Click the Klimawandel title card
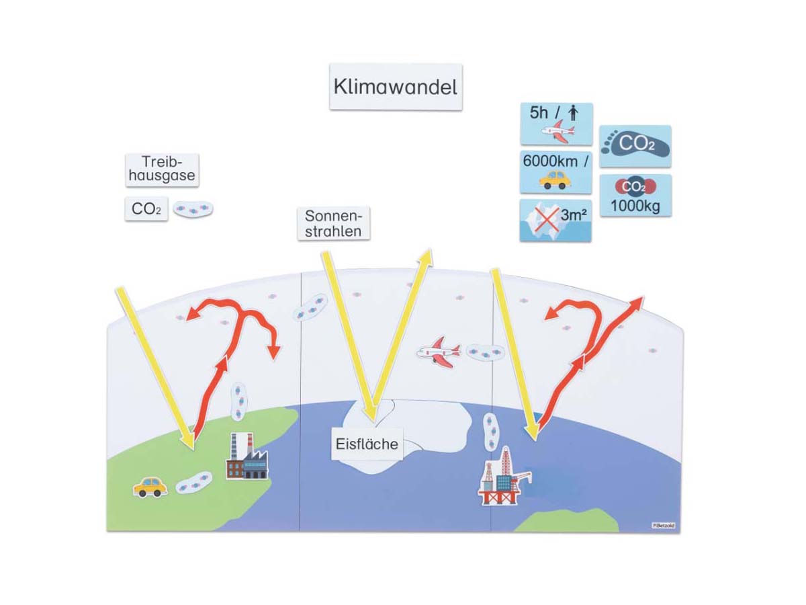[396, 87]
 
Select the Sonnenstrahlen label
[333, 223]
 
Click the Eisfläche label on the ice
[367, 444]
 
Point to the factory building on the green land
[246, 458]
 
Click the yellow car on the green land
[150, 486]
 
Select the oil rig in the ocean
[504, 477]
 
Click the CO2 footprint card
[635, 145]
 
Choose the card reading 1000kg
[635, 196]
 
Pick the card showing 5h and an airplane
[556, 124]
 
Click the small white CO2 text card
[146, 209]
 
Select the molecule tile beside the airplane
[485, 352]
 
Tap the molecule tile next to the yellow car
[193, 483]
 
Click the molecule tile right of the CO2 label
[193, 209]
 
